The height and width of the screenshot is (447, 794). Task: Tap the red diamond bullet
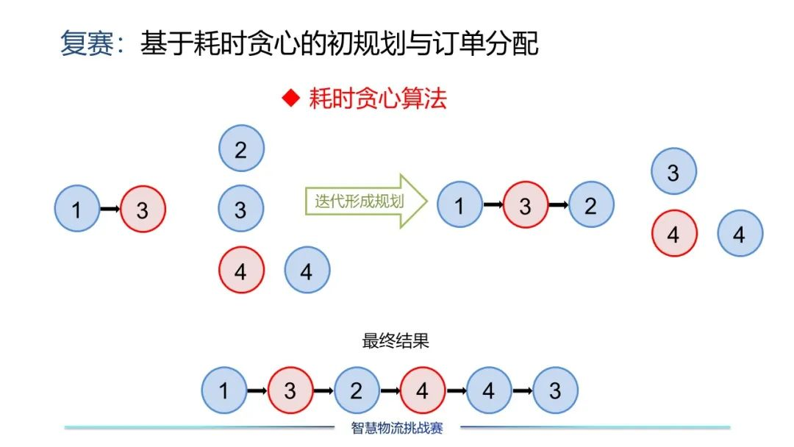pos(292,98)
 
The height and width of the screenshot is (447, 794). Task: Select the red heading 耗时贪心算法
pos(377,98)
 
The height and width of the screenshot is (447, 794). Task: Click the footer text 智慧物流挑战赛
pos(397,427)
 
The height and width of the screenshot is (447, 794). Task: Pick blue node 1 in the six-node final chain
pos(224,390)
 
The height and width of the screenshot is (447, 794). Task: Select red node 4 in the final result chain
pos(423,390)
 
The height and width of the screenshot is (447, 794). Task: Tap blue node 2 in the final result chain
pos(357,390)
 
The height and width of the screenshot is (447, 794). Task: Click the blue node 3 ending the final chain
pos(555,390)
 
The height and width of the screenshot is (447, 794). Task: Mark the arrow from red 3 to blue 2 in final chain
pos(323,390)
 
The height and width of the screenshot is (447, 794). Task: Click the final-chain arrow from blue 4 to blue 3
pos(522,390)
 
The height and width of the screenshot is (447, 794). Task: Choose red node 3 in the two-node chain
pos(143,210)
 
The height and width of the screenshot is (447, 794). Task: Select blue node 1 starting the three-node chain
pos(459,205)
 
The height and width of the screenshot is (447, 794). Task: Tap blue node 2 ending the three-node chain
pos(591,205)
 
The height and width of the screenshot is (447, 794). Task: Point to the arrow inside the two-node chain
pos(110,210)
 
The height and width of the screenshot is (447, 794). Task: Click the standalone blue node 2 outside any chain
pos(241,149)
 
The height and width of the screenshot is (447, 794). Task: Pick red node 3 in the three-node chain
pos(525,205)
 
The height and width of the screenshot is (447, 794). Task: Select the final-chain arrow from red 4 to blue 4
pos(456,390)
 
